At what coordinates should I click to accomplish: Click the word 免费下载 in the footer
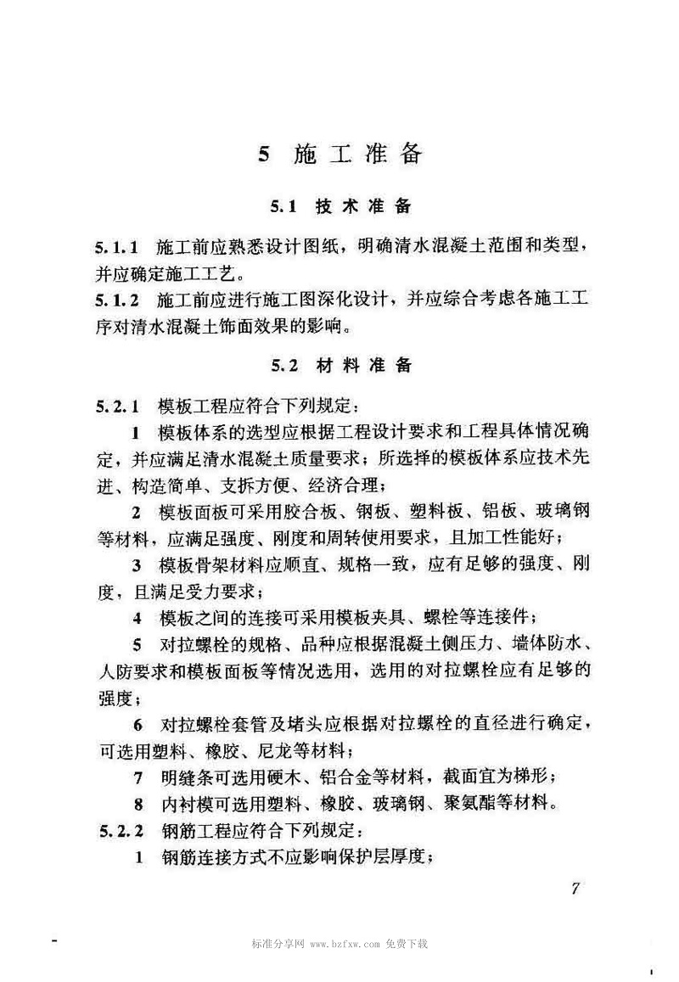point(407,944)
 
